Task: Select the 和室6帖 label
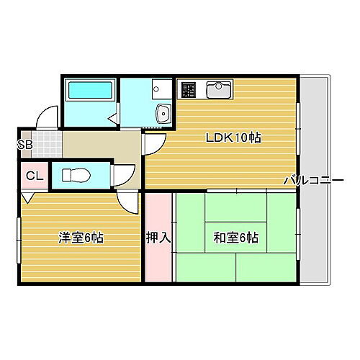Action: tap(236, 238)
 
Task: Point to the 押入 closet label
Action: tap(158, 238)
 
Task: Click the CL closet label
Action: tap(34, 176)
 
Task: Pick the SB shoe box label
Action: tap(24, 144)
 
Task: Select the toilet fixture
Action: tap(75, 175)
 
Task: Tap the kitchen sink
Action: tap(217, 90)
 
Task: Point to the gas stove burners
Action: tap(189, 90)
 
